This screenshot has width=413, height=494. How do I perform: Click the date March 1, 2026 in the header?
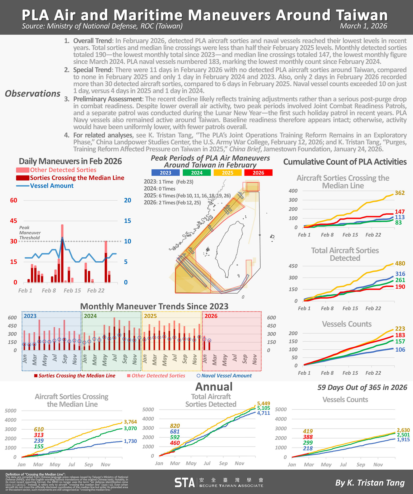363,26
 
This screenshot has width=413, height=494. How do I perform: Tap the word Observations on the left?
33,94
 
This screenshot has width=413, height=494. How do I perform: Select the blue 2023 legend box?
165,173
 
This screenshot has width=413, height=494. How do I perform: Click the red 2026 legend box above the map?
258,173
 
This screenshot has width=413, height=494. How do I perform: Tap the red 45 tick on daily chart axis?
14,221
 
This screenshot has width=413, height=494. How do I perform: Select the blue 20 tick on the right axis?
127,200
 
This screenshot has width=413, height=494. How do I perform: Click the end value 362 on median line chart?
399,193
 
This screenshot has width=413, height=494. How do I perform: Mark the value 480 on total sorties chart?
400,263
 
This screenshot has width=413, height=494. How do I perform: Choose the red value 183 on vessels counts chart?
400,335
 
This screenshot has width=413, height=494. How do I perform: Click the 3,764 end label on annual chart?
130,422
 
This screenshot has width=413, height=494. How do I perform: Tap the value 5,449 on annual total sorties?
264,403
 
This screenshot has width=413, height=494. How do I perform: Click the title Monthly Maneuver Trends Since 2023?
154,306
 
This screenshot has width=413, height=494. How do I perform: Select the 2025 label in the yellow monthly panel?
150,316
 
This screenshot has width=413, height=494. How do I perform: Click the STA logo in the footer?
184,482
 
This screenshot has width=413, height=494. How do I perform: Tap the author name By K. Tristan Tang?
370,483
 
